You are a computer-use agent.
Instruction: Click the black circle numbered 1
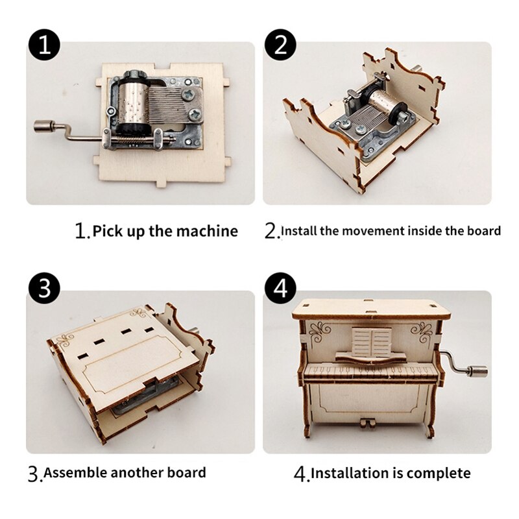(x=44, y=44)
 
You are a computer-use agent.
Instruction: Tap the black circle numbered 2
(x=281, y=44)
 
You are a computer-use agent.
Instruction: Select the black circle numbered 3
(x=44, y=287)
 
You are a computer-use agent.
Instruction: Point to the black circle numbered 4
(x=281, y=287)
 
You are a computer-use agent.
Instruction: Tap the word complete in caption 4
(x=439, y=473)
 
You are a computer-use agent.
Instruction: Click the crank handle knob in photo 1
(x=43, y=126)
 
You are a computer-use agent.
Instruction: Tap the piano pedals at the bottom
(x=368, y=424)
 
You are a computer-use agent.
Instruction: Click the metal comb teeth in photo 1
(x=165, y=102)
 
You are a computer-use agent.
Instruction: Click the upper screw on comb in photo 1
(x=193, y=94)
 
